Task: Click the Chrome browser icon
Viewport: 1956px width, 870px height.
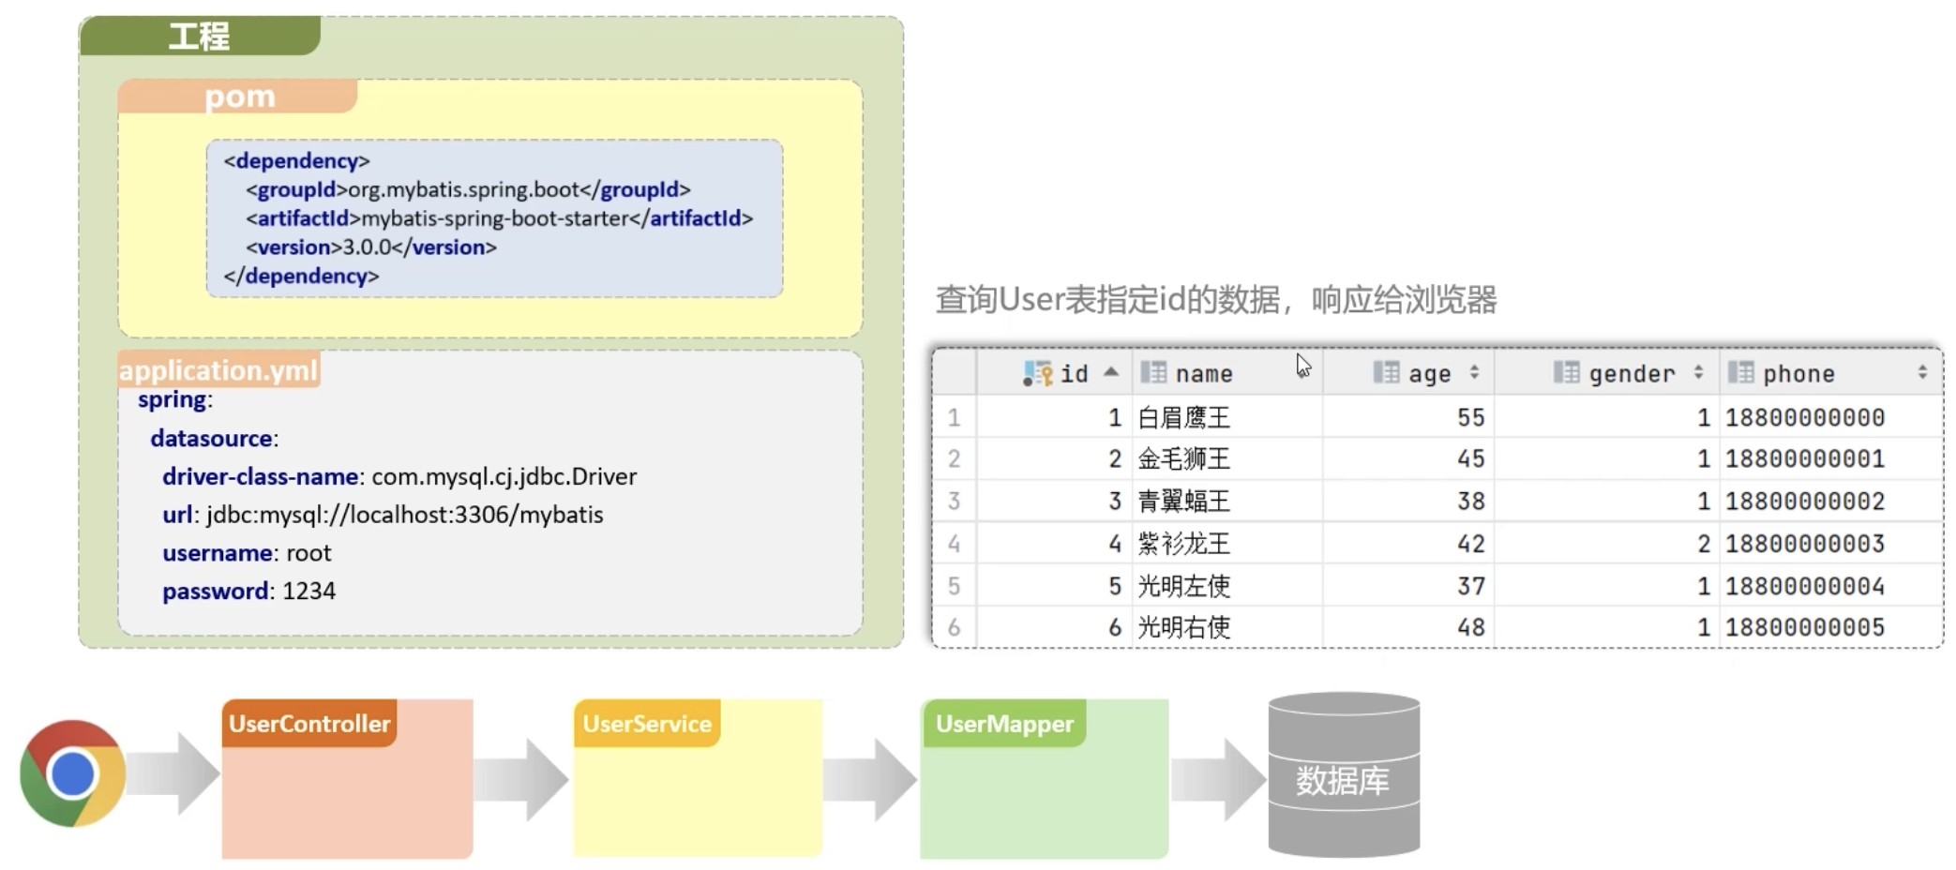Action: (x=72, y=773)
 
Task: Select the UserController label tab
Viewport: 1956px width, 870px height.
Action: (x=309, y=724)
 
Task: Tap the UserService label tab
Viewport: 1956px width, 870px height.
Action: (x=647, y=724)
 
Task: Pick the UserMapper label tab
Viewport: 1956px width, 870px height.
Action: (x=1004, y=724)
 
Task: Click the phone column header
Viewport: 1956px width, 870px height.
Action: (x=1798, y=374)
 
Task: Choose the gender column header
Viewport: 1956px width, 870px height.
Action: (x=1632, y=374)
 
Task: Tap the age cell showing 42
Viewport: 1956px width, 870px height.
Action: (x=1470, y=544)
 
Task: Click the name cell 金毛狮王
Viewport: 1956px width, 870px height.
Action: (x=1183, y=459)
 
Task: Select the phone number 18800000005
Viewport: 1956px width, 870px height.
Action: (x=1804, y=627)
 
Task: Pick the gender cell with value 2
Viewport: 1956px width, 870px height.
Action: (x=1703, y=544)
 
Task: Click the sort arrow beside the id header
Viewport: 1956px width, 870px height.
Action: (x=1111, y=372)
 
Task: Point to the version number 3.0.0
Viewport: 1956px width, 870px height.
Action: (x=367, y=247)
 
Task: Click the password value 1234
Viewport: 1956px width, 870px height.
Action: (x=308, y=592)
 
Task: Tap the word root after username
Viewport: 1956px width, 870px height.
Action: (x=308, y=553)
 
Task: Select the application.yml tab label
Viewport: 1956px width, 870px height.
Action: (x=218, y=370)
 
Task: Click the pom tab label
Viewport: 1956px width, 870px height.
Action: (x=239, y=97)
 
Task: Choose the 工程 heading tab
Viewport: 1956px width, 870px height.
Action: (x=199, y=36)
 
